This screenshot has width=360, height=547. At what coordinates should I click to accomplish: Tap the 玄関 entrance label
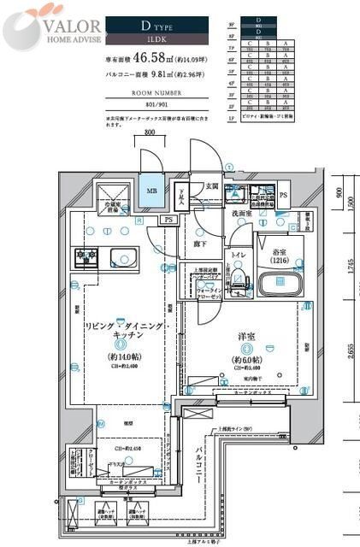pos(211,186)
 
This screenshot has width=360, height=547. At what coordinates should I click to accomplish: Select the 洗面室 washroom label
pos(240,214)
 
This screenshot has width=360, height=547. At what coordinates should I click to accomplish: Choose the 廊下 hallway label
pos(198,244)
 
